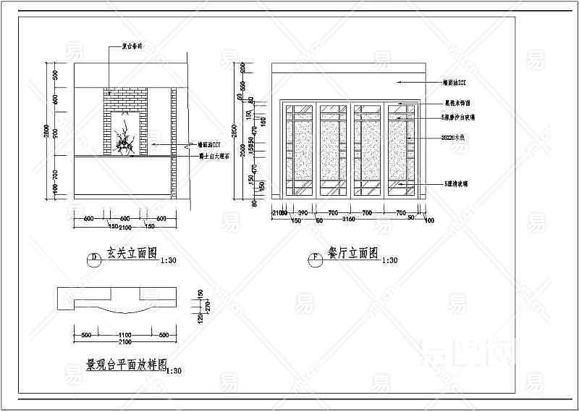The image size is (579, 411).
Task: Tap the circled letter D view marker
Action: pos(93,258)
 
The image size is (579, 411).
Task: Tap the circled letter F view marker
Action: pos(316,257)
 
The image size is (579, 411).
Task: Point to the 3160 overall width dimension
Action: pos(349,219)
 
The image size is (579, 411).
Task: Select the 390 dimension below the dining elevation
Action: pos(303,212)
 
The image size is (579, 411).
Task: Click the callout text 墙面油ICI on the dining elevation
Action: pos(457,84)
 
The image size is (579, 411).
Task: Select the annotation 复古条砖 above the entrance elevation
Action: pos(132,46)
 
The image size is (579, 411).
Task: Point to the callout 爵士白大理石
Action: pos(214,156)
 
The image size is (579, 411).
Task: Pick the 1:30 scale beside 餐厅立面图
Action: pos(389,260)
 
